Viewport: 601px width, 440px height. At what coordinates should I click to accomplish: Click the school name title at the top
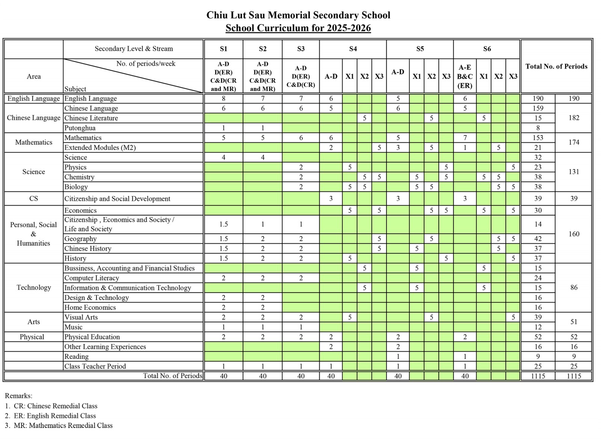click(298, 15)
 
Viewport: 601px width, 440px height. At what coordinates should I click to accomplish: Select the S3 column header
click(300, 49)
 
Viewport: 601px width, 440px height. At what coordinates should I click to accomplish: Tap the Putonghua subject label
click(80, 128)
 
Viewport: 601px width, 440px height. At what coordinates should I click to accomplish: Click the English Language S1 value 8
click(223, 99)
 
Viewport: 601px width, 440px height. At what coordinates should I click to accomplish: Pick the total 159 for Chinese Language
click(538, 108)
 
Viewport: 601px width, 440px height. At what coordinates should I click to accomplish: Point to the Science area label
click(33, 172)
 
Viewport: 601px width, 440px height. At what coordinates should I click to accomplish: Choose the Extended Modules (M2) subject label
click(100, 147)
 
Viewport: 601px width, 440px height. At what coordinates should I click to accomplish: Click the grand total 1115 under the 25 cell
click(574, 376)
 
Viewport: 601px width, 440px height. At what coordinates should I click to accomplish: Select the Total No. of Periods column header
click(556, 67)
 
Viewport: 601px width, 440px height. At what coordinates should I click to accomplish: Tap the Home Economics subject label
click(90, 307)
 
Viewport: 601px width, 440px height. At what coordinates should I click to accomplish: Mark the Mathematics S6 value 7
click(465, 138)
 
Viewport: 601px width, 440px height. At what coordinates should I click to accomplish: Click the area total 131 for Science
click(574, 172)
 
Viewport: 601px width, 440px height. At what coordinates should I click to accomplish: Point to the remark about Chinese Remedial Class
click(51, 406)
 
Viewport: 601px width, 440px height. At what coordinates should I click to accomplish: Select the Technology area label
click(33, 288)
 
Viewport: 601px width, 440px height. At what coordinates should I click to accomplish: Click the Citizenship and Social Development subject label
click(117, 199)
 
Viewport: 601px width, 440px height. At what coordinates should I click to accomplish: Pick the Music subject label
click(73, 327)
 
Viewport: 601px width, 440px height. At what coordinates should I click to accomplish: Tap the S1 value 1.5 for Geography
click(223, 239)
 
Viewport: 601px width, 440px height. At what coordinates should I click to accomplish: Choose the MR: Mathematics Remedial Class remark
click(59, 426)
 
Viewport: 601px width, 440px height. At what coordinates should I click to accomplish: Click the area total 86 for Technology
click(574, 288)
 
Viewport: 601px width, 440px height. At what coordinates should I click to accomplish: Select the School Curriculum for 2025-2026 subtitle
click(298, 28)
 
